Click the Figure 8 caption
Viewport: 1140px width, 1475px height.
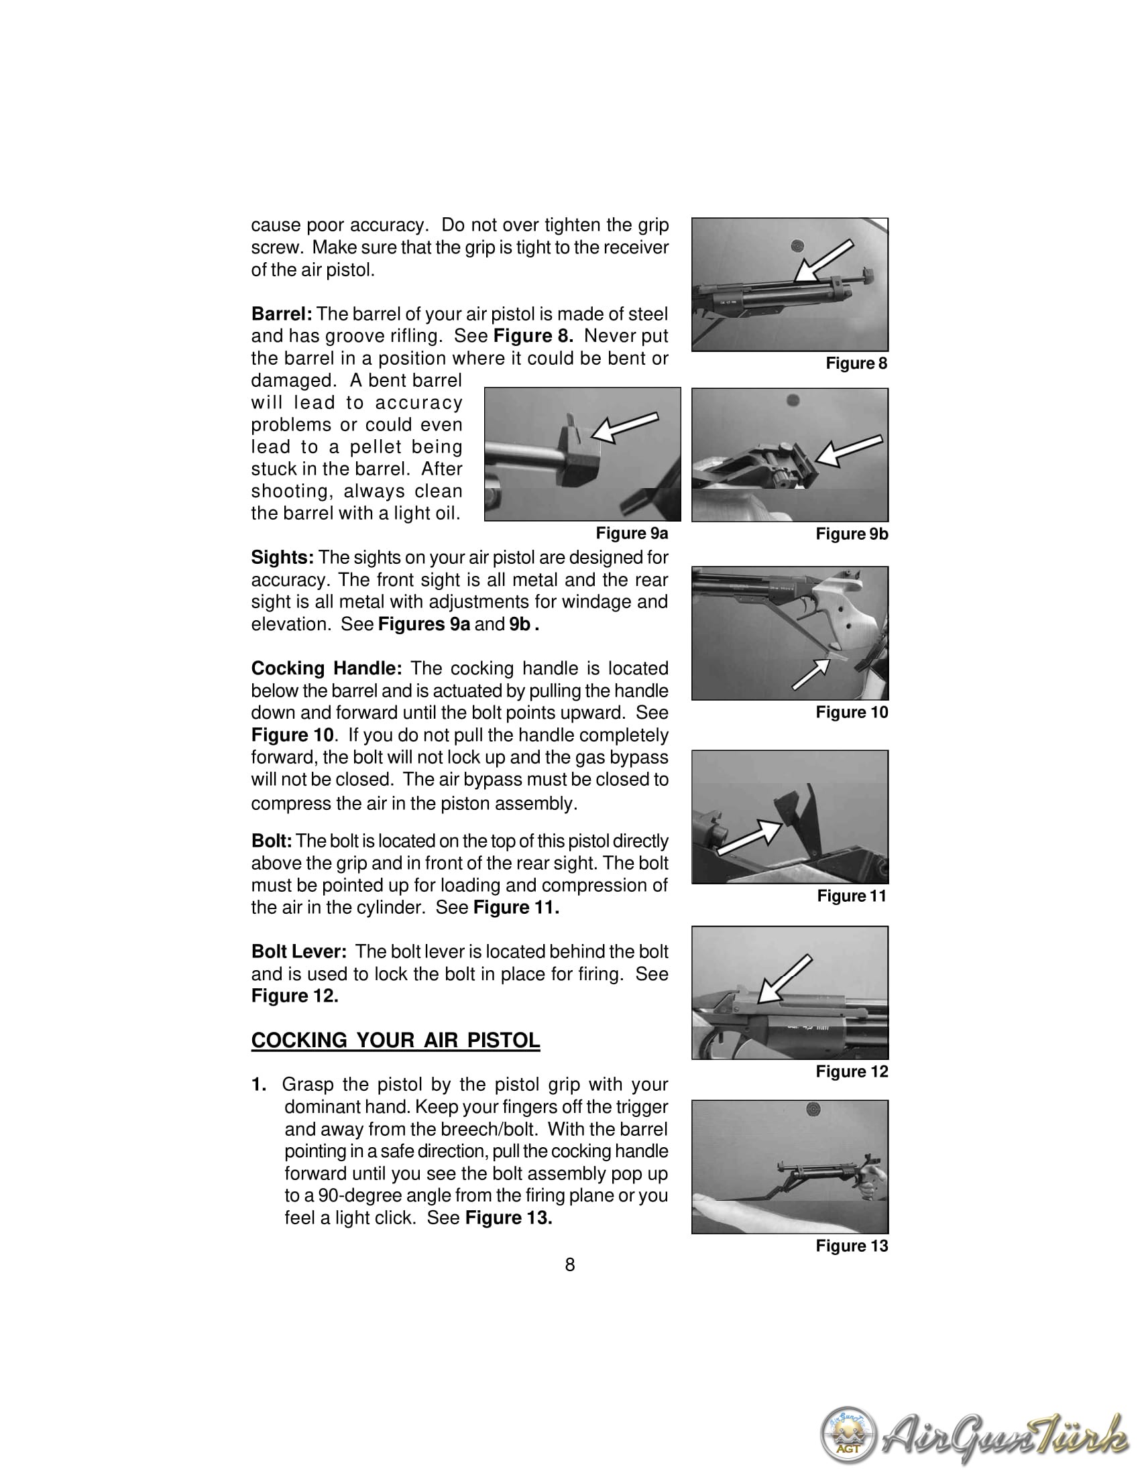click(x=856, y=363)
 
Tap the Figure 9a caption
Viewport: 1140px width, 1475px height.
click(x=632, y=534)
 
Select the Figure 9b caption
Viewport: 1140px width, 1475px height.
click(x=852, y=534)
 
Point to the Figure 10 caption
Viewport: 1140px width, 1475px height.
click(x=852, y=713)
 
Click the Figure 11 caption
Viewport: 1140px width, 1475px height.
click(x=851, y=896)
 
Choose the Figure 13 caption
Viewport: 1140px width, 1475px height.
click(x=852, y=1246)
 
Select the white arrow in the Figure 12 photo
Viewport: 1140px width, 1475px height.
click(x=783, y=979)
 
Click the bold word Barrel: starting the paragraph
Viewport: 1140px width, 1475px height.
click(x=281, y=314)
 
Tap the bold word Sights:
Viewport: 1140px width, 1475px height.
click(x=282, y=558)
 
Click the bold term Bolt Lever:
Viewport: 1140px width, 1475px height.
click(x=298, y=951)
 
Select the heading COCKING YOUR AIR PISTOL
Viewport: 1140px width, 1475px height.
click(x=395, y=1041)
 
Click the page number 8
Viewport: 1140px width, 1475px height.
click(x=570, y=1265)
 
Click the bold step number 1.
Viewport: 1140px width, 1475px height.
click(x=259, y=1085)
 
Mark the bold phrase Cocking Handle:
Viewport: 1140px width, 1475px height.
click(x=326, y=668)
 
